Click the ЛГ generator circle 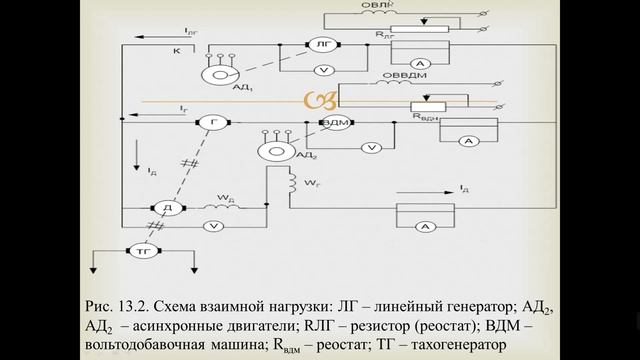pos(322,46)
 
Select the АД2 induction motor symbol pos(272,150)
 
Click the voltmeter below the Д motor pos(212,227)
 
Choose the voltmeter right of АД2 pos(371,147)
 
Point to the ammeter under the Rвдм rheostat pos(464,143)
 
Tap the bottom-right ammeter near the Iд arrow pos(424,228)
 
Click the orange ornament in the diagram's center pos(319,101)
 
